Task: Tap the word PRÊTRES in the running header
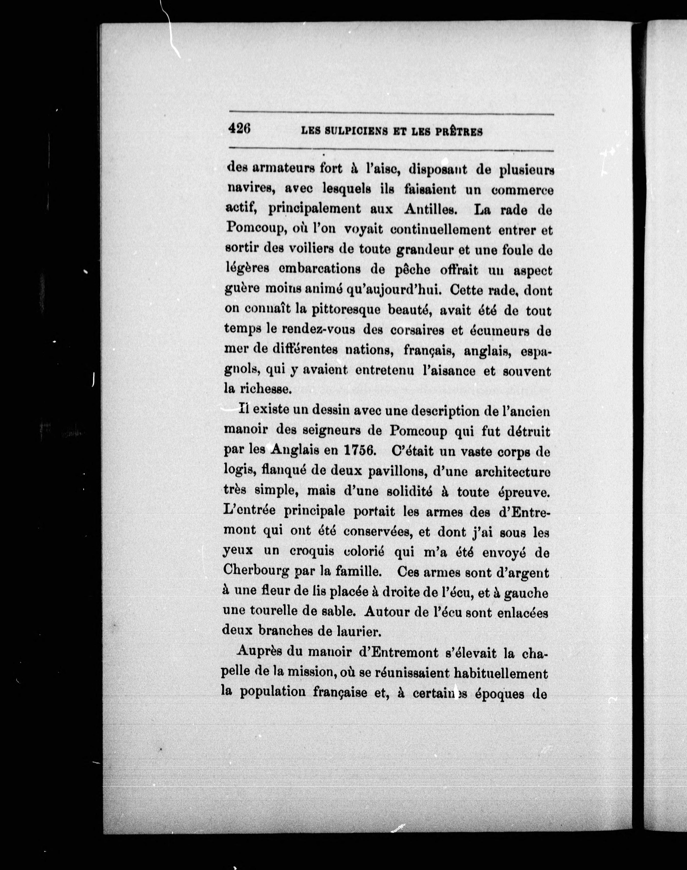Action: coord(459,132)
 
